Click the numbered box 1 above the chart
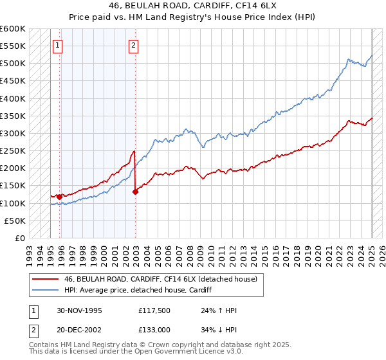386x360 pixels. pyautogui.click(x=59, y=45)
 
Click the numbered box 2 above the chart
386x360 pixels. pyautogui.click(x=133, y=45)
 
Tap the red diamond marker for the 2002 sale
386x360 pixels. pyautogui.click(x=136, y=191)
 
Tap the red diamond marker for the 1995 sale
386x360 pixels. pyautogui.click(x=59, y=197)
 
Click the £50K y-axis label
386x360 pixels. pyautogui.click(x=15, y=221)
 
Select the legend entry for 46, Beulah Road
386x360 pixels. pyautogui.click(x=160, y=279)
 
